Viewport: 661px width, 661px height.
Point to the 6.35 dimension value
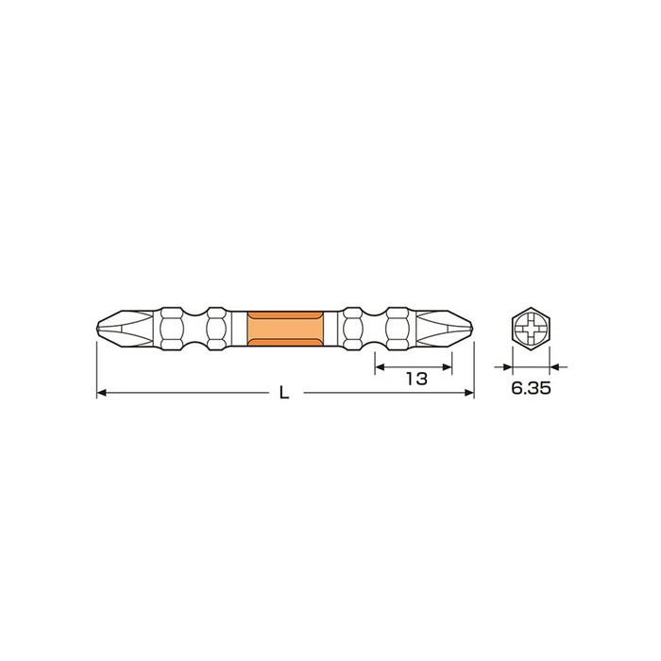click(x=531, y=387)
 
